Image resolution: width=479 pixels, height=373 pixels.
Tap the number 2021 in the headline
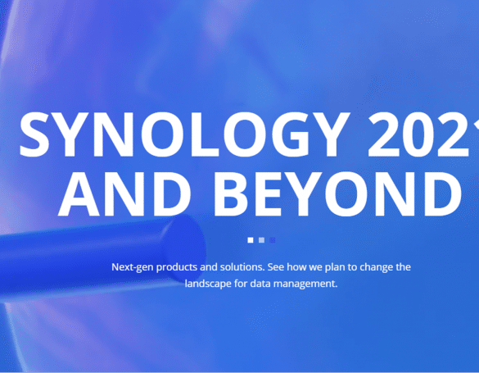pos(423,134)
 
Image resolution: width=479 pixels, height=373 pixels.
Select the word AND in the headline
pos(124,193)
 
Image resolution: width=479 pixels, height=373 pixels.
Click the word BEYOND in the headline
pos(338,193)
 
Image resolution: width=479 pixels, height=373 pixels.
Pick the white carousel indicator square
pos(251,240)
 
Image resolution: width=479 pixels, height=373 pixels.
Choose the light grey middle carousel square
pos(261,240)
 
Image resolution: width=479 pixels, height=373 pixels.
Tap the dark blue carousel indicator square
pos(273,240)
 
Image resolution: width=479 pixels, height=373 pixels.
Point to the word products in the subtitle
pos(177,267)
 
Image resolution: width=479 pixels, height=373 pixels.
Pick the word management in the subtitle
pos(305,284)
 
